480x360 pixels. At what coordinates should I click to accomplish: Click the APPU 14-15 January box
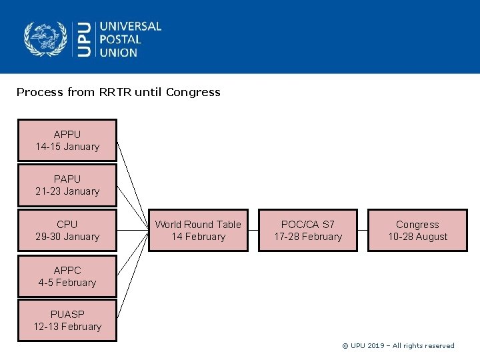pyautogui.click(x=67, y=140)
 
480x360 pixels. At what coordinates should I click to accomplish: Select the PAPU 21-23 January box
pyautogui.click(x=67, y=185)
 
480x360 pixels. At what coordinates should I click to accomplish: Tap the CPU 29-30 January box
pyautogui.click(x=67, y=230)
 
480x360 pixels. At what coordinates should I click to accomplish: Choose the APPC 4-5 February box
pyautogui.click(x=67, y=276)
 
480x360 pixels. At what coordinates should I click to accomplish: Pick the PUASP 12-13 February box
pyautogui.click(x=67, y=320)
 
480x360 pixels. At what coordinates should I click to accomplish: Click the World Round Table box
pyautogui.click(x=198, y=230)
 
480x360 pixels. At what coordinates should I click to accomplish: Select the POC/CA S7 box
pyautogui.click(x=307, y=230)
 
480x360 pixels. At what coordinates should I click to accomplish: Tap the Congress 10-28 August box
pyautogui.click(x=417, y=230)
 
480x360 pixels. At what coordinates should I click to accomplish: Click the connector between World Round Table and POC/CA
pyautogui.click(x=253, y=231)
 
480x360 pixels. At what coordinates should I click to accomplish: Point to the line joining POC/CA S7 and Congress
pyautogui.click(x=362, y=231)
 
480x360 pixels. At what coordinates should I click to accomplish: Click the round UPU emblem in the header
pyautogui.click(x=45, y=39)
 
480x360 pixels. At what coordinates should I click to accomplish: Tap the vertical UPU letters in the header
pyautogui.click(x=83, y=39)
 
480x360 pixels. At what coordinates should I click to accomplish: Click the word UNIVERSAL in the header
pyautogui.click(x=131, y=26)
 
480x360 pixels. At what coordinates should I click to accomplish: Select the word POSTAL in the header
pyautogui.click(x=120, y=39)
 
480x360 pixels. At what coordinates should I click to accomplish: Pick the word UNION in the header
pyautogui.click(x=118, y=52)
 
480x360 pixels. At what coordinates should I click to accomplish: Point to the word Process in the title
pyautogui.click(x=40, y=92)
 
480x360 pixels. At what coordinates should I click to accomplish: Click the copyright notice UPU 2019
pyautogui.click(x=398, y=345)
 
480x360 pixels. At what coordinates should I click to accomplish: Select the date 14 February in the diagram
pyautogui.click(x=198, y=237)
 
